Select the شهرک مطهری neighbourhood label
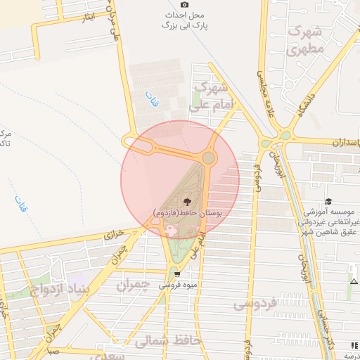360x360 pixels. tap(306, 41)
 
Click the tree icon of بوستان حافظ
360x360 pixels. tap(186, 201)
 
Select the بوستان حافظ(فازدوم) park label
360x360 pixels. tap(186, 212)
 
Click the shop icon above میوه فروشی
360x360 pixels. tap(176, 274)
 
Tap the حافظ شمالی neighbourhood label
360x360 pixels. tap(164, 342)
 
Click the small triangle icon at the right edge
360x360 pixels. tap(353, 281)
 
